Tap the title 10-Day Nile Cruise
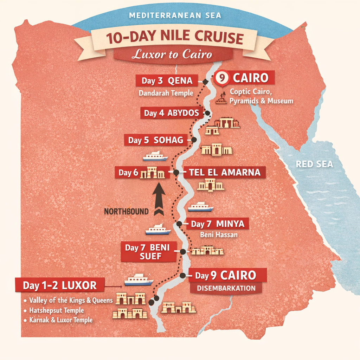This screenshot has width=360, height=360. coord(175,38)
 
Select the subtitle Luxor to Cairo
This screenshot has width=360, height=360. coord(172,54)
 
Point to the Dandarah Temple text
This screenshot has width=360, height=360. coord(166,93)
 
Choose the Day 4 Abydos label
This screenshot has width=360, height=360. coord(172,113)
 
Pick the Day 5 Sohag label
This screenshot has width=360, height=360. coord(155,141)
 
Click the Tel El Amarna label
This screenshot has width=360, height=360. coord(225,172)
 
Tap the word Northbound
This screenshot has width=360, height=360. coord(127,212)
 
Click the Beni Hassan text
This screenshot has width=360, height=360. coord(218,234)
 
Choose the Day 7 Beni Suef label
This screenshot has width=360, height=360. coord(148,252)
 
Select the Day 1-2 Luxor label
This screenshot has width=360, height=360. coord(60,285)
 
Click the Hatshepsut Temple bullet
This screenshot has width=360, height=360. coord(56,310)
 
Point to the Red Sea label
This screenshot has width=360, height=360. coord(314,164)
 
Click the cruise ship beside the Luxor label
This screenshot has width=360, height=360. coord(139,280)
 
